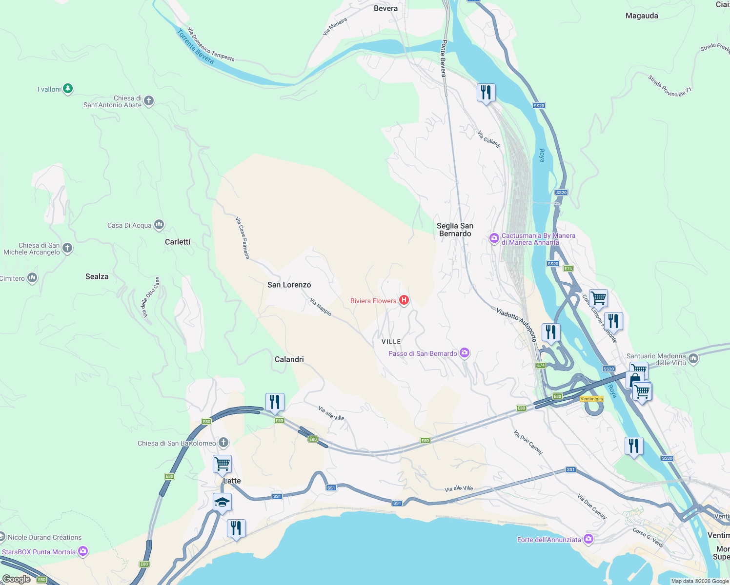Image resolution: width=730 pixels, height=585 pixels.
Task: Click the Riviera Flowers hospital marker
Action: [x=404, y=300]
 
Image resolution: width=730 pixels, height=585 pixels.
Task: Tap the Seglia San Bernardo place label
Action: [x=455, y=230]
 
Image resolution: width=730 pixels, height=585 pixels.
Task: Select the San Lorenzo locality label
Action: [x=289, y=285]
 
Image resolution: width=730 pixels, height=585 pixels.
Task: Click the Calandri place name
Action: [x=289, y=359]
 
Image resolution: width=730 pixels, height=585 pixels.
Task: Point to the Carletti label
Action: [x=178, y=242]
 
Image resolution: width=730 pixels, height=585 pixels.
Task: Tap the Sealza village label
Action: [x=97, y=276]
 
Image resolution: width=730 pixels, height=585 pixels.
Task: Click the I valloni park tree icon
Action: [x=68, y=89]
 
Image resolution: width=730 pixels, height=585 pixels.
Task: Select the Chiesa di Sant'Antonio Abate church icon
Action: [x=149, y=101]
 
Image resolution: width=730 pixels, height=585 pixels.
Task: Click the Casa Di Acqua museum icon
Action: [x=159, y=225]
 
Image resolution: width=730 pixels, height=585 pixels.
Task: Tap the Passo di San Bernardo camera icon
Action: [x=465, y=353]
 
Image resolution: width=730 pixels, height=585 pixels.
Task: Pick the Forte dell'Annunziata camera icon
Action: [x=588, y=539]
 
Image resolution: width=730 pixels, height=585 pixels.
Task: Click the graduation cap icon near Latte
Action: [x=222, y=502]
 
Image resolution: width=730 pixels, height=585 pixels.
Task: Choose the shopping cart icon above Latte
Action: [x=222, y=464]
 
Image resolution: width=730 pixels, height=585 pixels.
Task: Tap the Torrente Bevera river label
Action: [x=195, y=46]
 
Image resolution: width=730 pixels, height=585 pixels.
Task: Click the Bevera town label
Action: [x=385, y=8]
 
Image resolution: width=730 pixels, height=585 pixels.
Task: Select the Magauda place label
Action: [x=642, y=16]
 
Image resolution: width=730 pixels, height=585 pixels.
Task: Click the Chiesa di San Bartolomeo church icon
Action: [x=223, y=443]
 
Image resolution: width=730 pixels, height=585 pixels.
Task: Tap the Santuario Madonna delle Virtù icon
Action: [x=693, y=359]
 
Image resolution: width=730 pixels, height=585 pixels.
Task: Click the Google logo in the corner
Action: [x=17, y=579]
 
